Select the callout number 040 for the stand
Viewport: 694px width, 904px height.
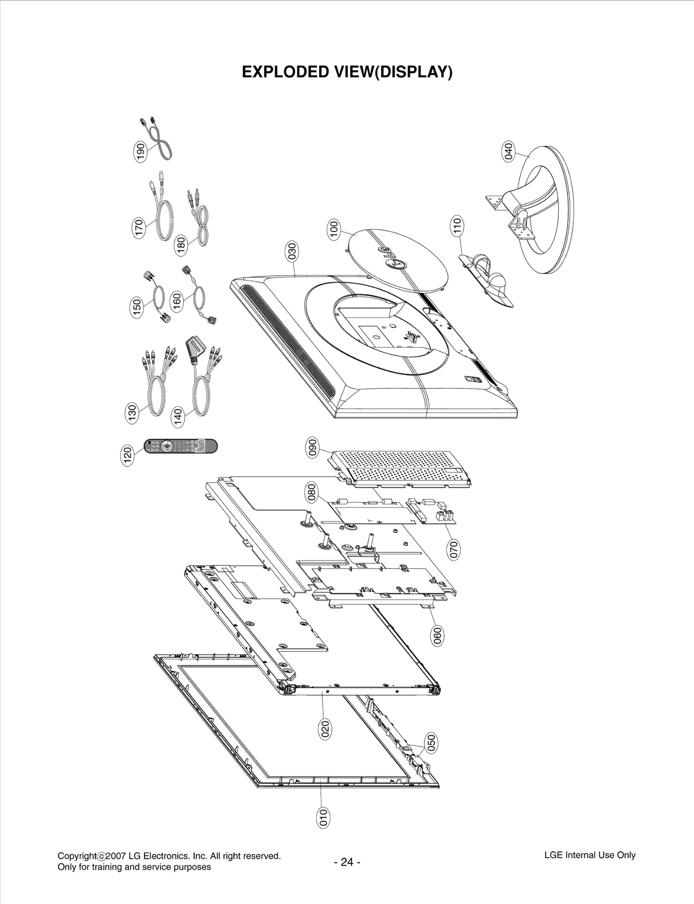coord(508,151)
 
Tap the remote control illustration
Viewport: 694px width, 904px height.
coord(180,446)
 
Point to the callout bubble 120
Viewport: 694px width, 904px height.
coord(127,457)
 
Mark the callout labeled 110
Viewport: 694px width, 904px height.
coord(457,226)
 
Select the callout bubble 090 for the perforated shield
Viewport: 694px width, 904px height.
coord(312,449)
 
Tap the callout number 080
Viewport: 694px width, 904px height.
coord(312,493)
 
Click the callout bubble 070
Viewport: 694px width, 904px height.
coord(454,549)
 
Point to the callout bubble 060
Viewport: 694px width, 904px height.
coord(437,636)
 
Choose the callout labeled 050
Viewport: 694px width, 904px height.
coord(431,743)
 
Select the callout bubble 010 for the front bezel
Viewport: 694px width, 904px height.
coord(323,818)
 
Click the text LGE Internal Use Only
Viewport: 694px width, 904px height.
coord(589,855)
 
